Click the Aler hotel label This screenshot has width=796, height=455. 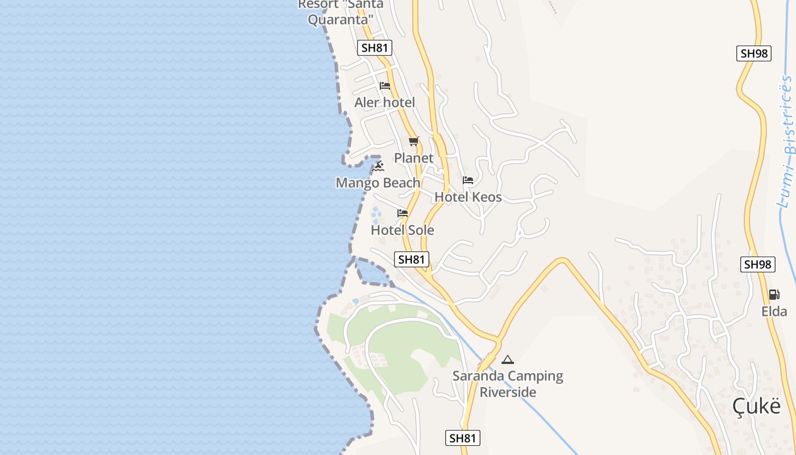coord(384,102)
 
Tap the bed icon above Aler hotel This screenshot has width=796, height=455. coord(385,86)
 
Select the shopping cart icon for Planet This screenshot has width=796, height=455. coord(413,141)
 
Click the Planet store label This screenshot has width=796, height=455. coord(413,158)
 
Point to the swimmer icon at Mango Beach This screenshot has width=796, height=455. coord(378,167)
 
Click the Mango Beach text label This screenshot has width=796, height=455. coord(378,183)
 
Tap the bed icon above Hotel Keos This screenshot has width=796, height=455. coord(468,180)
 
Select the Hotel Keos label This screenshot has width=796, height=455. coord(468,197)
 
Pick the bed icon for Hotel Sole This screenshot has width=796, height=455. coord(403,213)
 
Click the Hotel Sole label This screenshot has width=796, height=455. coord(403,230)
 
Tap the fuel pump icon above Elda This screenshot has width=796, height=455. coord(774,295)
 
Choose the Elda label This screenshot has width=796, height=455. coord(774,311)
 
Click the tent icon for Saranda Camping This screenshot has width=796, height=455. coord(508,359)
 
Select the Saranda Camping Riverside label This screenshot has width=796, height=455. coord(508,384)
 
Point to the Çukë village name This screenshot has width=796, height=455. coord(756,406)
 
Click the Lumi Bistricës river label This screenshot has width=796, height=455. coord(787,142)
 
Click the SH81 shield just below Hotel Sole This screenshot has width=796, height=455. coord(412,259)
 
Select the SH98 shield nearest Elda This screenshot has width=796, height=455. coord(758,264)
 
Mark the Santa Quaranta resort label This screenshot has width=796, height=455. coord(341,12)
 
